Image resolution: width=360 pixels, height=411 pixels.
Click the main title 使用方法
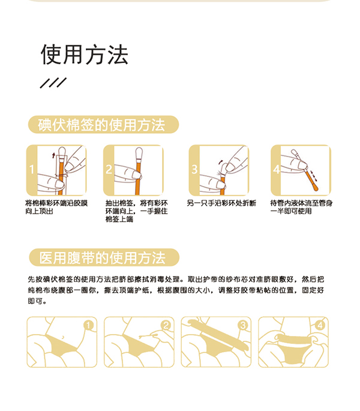click(84, 55)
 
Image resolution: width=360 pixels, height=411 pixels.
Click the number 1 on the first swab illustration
click(32, 169)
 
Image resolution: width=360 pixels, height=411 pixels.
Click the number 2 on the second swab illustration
click(109, 169)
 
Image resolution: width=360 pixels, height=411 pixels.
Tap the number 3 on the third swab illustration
click(194, 169)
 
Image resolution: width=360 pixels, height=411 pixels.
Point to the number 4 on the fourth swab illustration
click(276, 169)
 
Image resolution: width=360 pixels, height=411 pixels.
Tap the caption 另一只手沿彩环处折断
click(221, 203)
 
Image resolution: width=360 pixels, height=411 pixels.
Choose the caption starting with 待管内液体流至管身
click(301, 207)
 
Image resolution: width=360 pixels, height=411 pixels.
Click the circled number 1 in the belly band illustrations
click(89, 325)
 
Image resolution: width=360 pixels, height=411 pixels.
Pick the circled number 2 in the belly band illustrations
click(166, 325)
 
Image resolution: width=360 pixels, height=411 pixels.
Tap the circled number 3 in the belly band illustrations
click(243, 325)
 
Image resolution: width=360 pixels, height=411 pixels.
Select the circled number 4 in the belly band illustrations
click(320, 325)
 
